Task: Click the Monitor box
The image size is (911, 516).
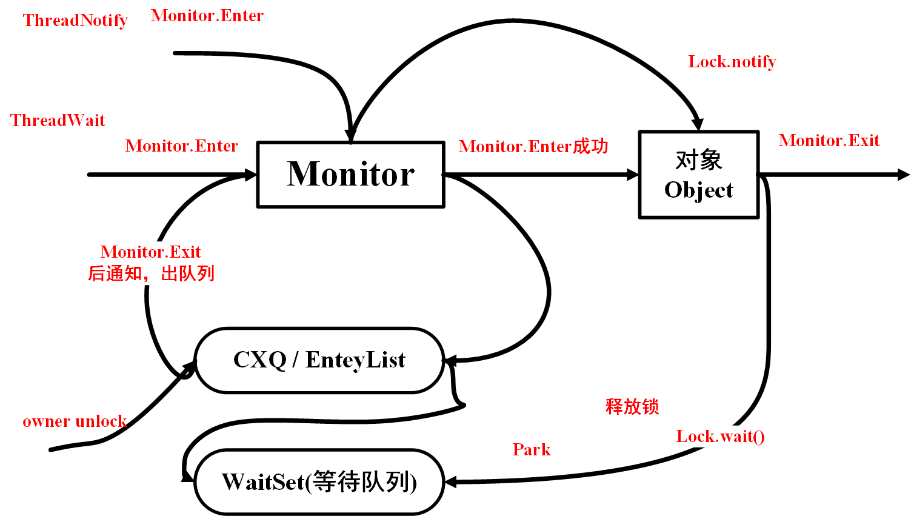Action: (x=350, y=175)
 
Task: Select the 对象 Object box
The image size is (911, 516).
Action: (x=698, y=175)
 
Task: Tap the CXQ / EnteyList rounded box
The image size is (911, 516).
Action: (x=319, y=360)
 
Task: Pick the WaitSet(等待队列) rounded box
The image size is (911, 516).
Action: (x=319, y=482)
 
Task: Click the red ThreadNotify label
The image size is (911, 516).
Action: (x=75, y=21)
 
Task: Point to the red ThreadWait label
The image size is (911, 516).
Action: (x=58, y=120)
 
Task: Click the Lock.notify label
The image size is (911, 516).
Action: (x=732, y=62)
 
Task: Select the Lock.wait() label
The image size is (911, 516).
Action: (x=720, y=437)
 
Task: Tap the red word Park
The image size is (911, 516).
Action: (x=531, y=449)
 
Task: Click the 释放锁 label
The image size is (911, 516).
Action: (x=632, y=406)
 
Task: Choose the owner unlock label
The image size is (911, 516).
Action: (x=74, y=421)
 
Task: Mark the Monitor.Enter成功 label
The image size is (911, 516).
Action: (x=533, y=147)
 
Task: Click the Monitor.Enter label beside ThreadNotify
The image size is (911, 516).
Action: (x=207, y=16)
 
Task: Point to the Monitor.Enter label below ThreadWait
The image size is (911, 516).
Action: (x=181, y=146)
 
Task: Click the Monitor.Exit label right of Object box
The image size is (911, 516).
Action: (x=829, y=141)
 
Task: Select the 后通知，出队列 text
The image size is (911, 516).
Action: (x=151, y=273)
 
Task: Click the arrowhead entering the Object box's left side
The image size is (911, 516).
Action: (x=633, y=175)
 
